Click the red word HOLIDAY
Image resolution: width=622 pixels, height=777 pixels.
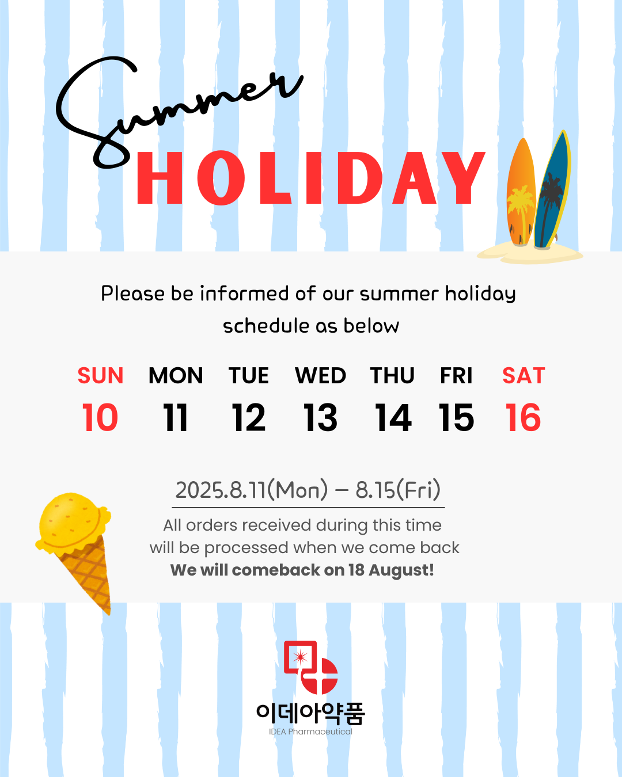pos(311,178)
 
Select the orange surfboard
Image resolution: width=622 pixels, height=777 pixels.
pos(521,192)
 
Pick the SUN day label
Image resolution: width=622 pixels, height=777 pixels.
pos(100,375)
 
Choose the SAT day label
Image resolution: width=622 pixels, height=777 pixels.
pos(524,375)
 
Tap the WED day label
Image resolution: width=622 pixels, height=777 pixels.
pos(321,375)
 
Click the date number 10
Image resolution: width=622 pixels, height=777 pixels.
pos(100,417)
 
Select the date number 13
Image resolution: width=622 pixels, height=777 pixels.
pos(320,417)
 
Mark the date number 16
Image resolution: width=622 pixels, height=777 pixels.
pos(523,417)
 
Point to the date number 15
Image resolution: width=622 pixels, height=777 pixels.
pos(456,417)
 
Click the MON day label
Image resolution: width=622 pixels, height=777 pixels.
pos(176,375)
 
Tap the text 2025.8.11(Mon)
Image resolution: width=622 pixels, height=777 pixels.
pos(252,490)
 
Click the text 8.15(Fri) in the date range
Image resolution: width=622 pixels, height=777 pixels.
pos(398,490)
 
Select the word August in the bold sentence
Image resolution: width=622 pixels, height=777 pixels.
pos(401,571)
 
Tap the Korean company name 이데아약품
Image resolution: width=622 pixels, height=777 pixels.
pos(311,714)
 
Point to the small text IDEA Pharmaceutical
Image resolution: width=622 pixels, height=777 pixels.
pos(310,732)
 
